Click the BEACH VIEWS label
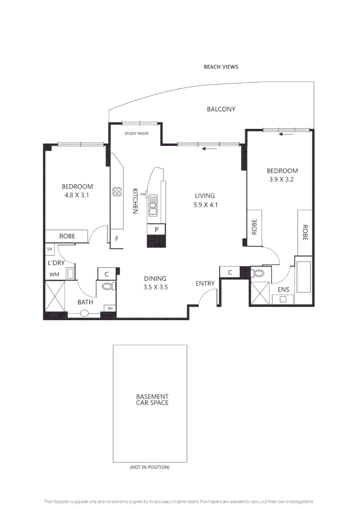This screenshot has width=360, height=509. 221,67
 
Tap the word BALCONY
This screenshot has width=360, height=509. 221,109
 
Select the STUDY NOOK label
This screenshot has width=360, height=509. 136,133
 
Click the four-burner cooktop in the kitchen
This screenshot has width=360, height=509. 117,192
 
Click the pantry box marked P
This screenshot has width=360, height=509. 157,230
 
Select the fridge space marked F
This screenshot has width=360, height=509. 116,239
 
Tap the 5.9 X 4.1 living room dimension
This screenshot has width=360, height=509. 205,205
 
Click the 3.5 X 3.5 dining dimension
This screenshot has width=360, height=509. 155,287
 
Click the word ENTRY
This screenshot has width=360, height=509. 205,283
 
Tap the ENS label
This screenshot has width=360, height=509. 283,289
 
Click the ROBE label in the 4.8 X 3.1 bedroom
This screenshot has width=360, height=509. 67,236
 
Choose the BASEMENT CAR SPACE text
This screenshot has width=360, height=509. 152,400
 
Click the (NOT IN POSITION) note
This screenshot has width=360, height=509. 149,468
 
